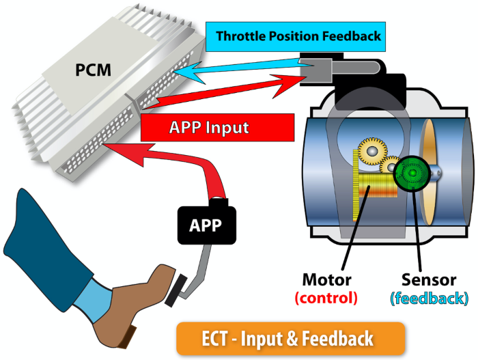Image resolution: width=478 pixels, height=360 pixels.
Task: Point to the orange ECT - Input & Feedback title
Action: click(291, 338)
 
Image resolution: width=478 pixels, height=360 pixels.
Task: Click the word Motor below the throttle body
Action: click(326, 280)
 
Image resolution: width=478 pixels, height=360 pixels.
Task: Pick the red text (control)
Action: click(326, 298)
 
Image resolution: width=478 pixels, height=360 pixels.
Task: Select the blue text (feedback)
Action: click(429, 298)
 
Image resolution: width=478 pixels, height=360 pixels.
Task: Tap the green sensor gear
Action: click(412, 175)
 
